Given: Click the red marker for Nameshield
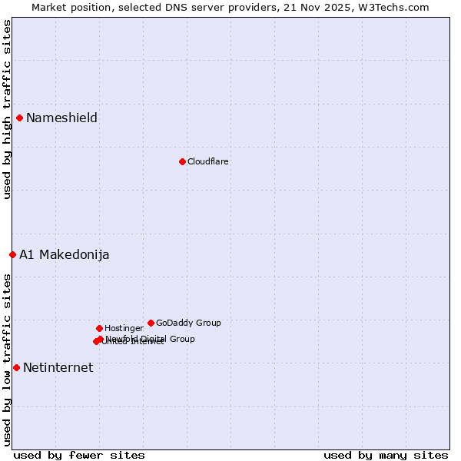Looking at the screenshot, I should click(19, 118).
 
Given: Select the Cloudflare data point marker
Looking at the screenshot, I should click(182, 161).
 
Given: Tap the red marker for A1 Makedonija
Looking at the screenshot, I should click(12, 254).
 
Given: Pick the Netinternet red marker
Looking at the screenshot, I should click(16, 367).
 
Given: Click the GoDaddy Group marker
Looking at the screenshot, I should click(151, 323).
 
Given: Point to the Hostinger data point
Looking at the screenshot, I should click(99, 328).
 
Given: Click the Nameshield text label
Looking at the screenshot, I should click(61, 118).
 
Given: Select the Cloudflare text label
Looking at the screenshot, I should click(207, 161).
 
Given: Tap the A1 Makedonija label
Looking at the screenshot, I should click(64, 254).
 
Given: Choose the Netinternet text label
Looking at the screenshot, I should click(58, 367).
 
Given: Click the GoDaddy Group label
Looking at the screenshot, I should click(188, 323).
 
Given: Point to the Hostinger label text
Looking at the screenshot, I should click(124, 328).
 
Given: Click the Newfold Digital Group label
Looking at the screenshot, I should click(151, 339).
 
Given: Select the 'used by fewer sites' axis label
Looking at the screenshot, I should click(79, 455).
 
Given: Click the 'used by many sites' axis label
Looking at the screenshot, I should click(386, 455).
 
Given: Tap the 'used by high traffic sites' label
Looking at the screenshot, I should click(7, 109).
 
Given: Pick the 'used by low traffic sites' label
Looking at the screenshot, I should click(7, 359).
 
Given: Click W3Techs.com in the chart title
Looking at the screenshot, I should click(396, 7).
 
